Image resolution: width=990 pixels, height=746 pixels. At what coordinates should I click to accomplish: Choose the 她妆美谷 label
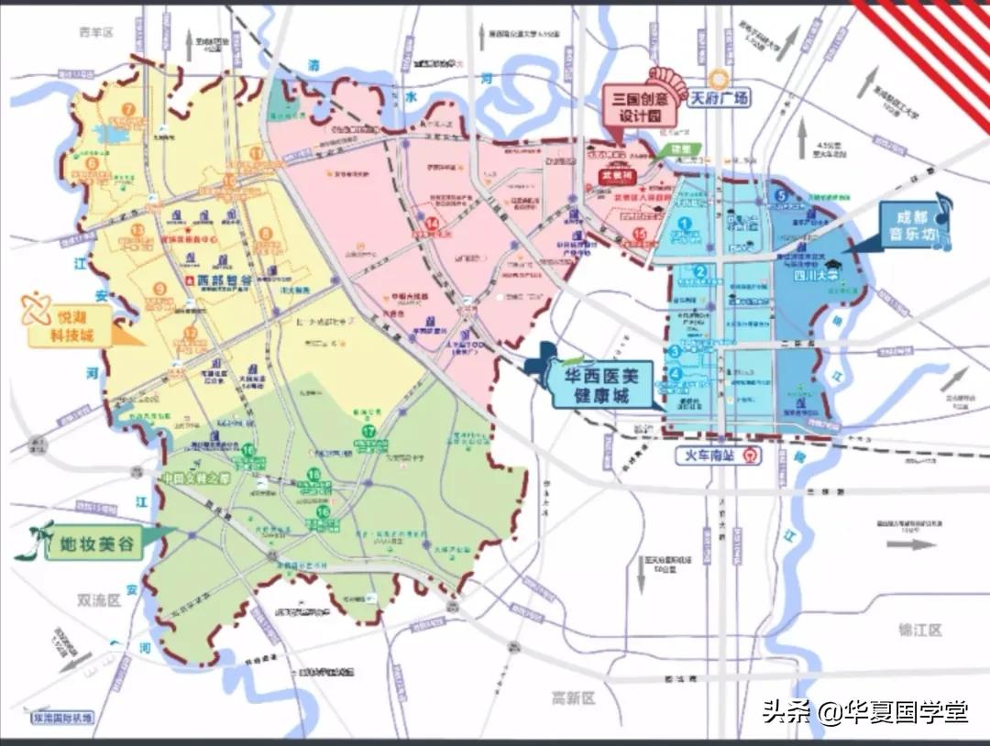pyautogui.click(x=91, y=546)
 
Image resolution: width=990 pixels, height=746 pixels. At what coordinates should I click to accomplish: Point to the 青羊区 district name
pyautogui.click(x=94, y=32)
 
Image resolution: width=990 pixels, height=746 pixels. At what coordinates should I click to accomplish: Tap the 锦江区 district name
pyautogui.click(x=919, y=630)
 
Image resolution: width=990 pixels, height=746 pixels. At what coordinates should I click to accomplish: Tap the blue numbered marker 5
pyautogui.click(x=782, y=195)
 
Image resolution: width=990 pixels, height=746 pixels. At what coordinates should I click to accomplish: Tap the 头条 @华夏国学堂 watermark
pyautogui.click(x=865, y=711)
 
